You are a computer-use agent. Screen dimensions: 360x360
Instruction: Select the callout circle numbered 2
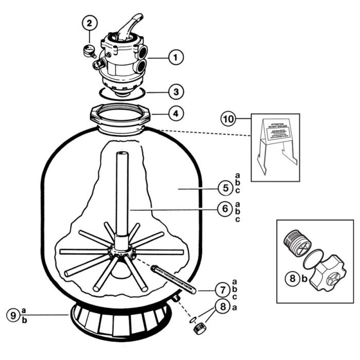(89, 24)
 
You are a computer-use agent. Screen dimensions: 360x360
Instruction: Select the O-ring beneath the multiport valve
(121, 93)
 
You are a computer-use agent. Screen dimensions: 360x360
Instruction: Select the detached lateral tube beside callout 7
(172, 278)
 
